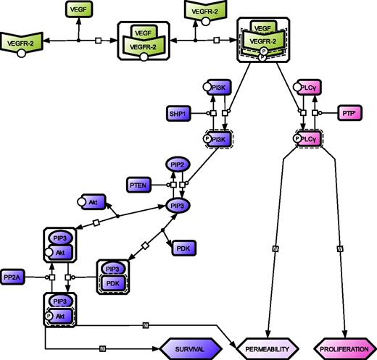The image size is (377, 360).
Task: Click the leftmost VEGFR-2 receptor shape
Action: pyautogui.click(x=23, y=43)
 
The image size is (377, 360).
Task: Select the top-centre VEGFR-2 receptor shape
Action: pyautogui.click(x=205, y=10)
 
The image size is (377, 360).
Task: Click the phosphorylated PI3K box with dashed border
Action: pyautogui.click(x=217, y=138)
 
